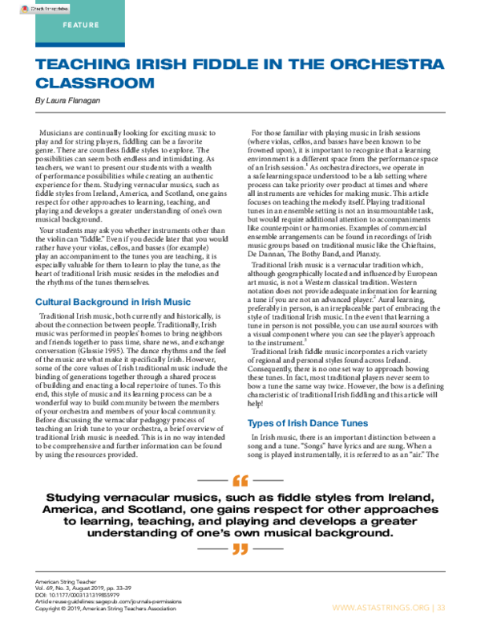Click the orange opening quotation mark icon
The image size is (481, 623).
coord(240,483)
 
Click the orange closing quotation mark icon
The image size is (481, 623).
coord(240,550)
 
